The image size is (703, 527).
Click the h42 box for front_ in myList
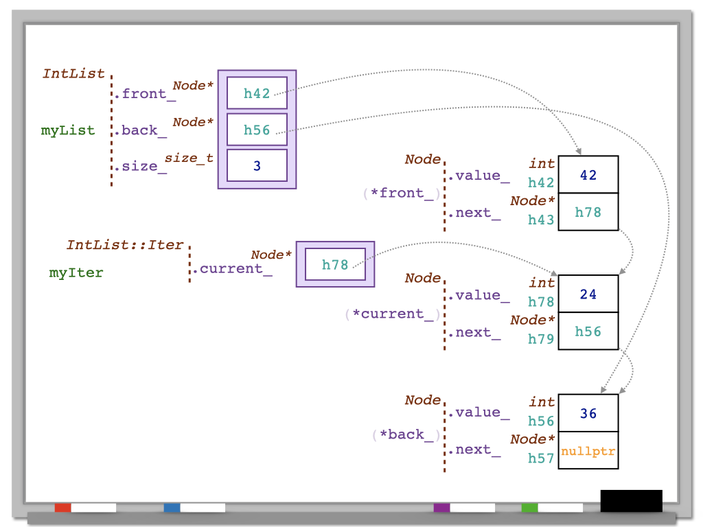[x=257, y=93]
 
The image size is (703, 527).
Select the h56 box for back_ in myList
[x=257, y=130]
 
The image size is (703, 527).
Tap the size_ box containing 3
[x=257, y=165]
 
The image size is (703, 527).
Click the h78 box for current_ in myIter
[x=335, y=264]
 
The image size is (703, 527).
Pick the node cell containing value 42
[x=588, y=175]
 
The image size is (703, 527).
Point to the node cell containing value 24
[x=588, y=294]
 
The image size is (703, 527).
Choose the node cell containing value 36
[x=588, y=414]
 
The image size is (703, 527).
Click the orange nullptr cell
[x=588, y=452]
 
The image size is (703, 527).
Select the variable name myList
[x=68, y=130]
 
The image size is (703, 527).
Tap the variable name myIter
[x=76, y=272]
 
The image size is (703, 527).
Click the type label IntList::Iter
[x=125, y=245]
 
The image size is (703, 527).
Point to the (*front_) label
[x=401, y=193]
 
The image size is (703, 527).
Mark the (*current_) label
[x=392, y=314]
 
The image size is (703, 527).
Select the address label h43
[x=541, y=220]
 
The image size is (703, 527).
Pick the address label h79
[x=541, y=339]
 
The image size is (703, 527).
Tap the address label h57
[x=541, y=458]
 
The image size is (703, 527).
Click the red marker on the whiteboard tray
[x=63, y=508]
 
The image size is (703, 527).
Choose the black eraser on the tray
[x=631, y=500]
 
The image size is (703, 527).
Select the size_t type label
[x=189, y=159]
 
